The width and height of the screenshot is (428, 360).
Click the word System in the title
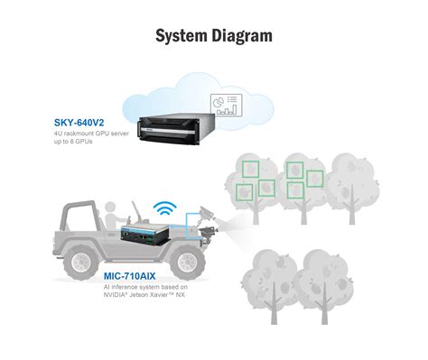click(x=177, y=36)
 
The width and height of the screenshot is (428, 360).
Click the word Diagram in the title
click(x=239, y=36)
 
